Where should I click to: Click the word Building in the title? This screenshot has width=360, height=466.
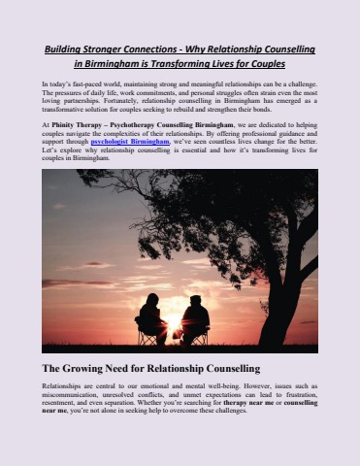(x=68, y=48)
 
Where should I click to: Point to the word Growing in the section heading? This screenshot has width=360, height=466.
(x=93, y=369)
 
